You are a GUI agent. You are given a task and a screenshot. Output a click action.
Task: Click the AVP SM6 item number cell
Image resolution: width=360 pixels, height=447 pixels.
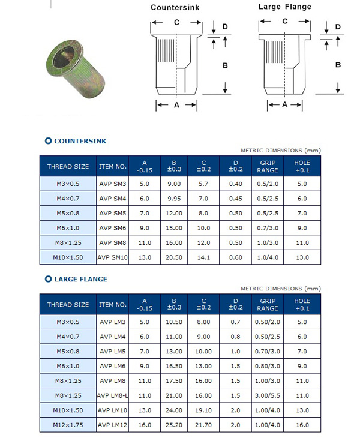point(112,228)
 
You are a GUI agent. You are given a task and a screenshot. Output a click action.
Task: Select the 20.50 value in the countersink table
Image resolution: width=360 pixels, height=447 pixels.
point(174,257)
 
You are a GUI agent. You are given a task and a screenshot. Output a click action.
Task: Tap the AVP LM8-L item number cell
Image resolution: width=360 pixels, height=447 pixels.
point(112,395)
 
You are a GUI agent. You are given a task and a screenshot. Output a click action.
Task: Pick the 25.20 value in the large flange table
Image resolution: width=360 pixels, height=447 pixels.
point(174,425)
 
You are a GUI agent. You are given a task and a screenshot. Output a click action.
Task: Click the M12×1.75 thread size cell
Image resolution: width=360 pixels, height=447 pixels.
point(68,425)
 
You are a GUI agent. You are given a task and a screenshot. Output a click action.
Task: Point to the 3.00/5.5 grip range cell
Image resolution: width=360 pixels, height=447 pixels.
point(268,395)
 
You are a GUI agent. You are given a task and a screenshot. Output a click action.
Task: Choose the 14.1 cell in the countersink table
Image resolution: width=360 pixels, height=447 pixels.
point(203,257)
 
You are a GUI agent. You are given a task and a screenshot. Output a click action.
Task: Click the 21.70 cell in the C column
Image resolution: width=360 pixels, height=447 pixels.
point(203,425)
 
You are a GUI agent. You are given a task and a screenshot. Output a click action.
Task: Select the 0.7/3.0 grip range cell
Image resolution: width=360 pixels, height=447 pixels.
point(268,228)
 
